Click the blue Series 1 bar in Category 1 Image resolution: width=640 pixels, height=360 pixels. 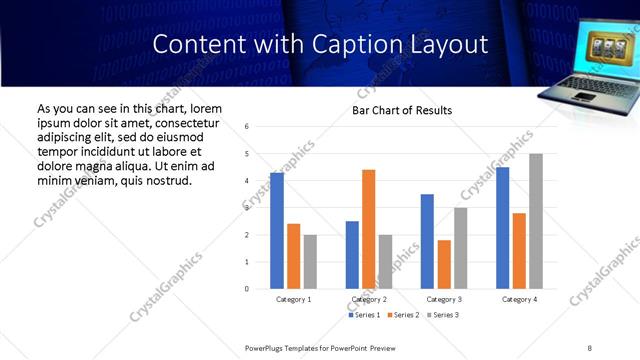277,231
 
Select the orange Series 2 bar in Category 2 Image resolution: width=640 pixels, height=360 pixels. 368,229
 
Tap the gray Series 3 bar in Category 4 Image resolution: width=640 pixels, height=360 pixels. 535,221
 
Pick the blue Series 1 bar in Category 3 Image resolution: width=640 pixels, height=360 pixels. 427,241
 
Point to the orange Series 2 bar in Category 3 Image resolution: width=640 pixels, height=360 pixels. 444,264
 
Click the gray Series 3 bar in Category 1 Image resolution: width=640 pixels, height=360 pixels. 310,262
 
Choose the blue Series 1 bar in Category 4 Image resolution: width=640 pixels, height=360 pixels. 502,228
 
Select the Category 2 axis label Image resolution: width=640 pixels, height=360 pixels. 368,300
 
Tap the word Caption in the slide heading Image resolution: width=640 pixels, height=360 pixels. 366,45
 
